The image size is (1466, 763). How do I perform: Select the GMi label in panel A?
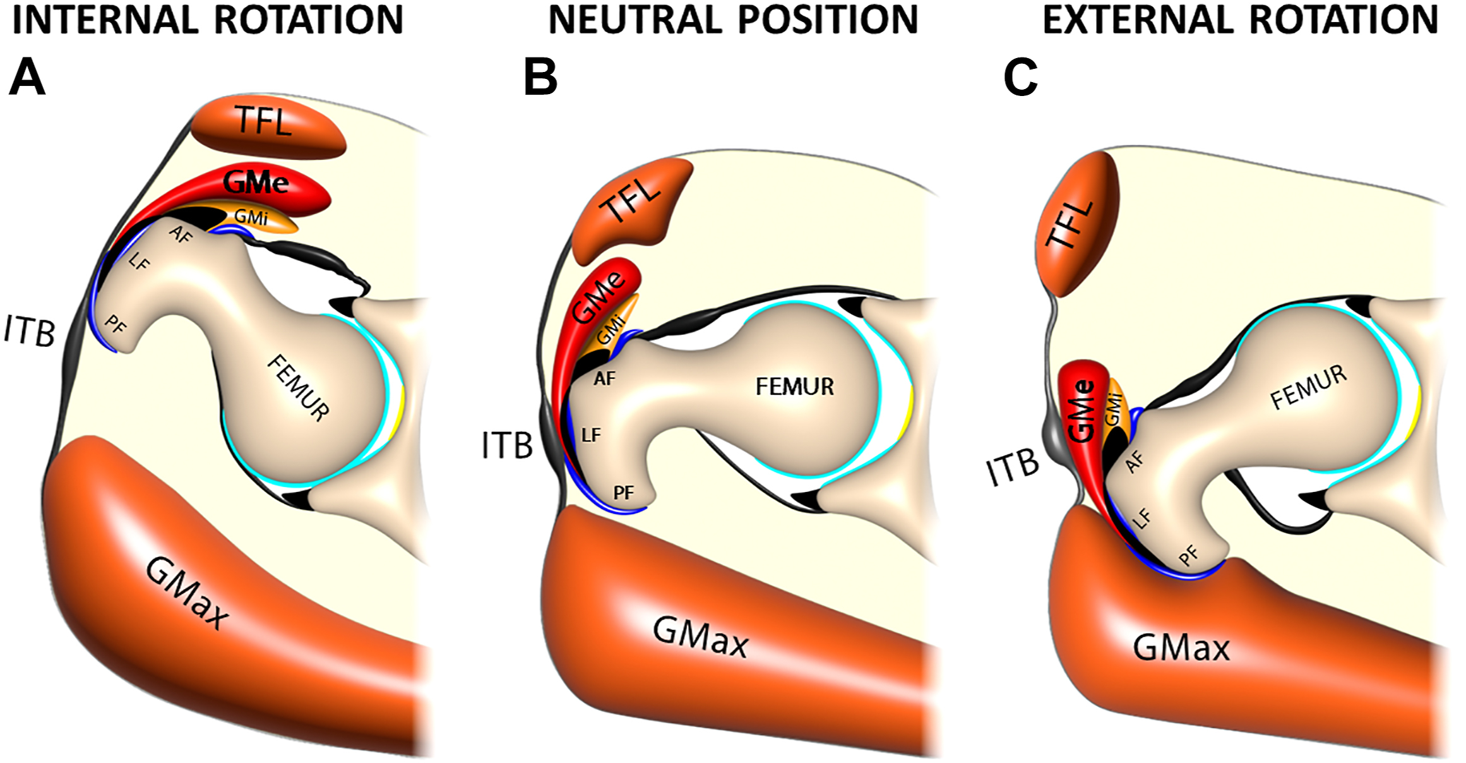click(251, 217)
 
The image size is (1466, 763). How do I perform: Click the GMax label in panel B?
click(700, 637)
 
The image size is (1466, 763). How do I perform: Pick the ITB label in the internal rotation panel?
click(29, 330)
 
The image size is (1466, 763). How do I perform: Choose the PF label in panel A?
click(116, 325)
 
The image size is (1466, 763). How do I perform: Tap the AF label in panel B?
click(604, 378)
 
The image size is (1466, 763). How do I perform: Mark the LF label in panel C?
click(1141, 518)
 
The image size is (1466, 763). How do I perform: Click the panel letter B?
click(540, 77)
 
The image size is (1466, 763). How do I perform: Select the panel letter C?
click(1020, 77)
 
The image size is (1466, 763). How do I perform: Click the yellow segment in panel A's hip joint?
click(399, 411)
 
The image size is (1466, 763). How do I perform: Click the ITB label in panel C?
click(1012, 469)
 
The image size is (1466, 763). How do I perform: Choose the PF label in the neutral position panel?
click(624, 493)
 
